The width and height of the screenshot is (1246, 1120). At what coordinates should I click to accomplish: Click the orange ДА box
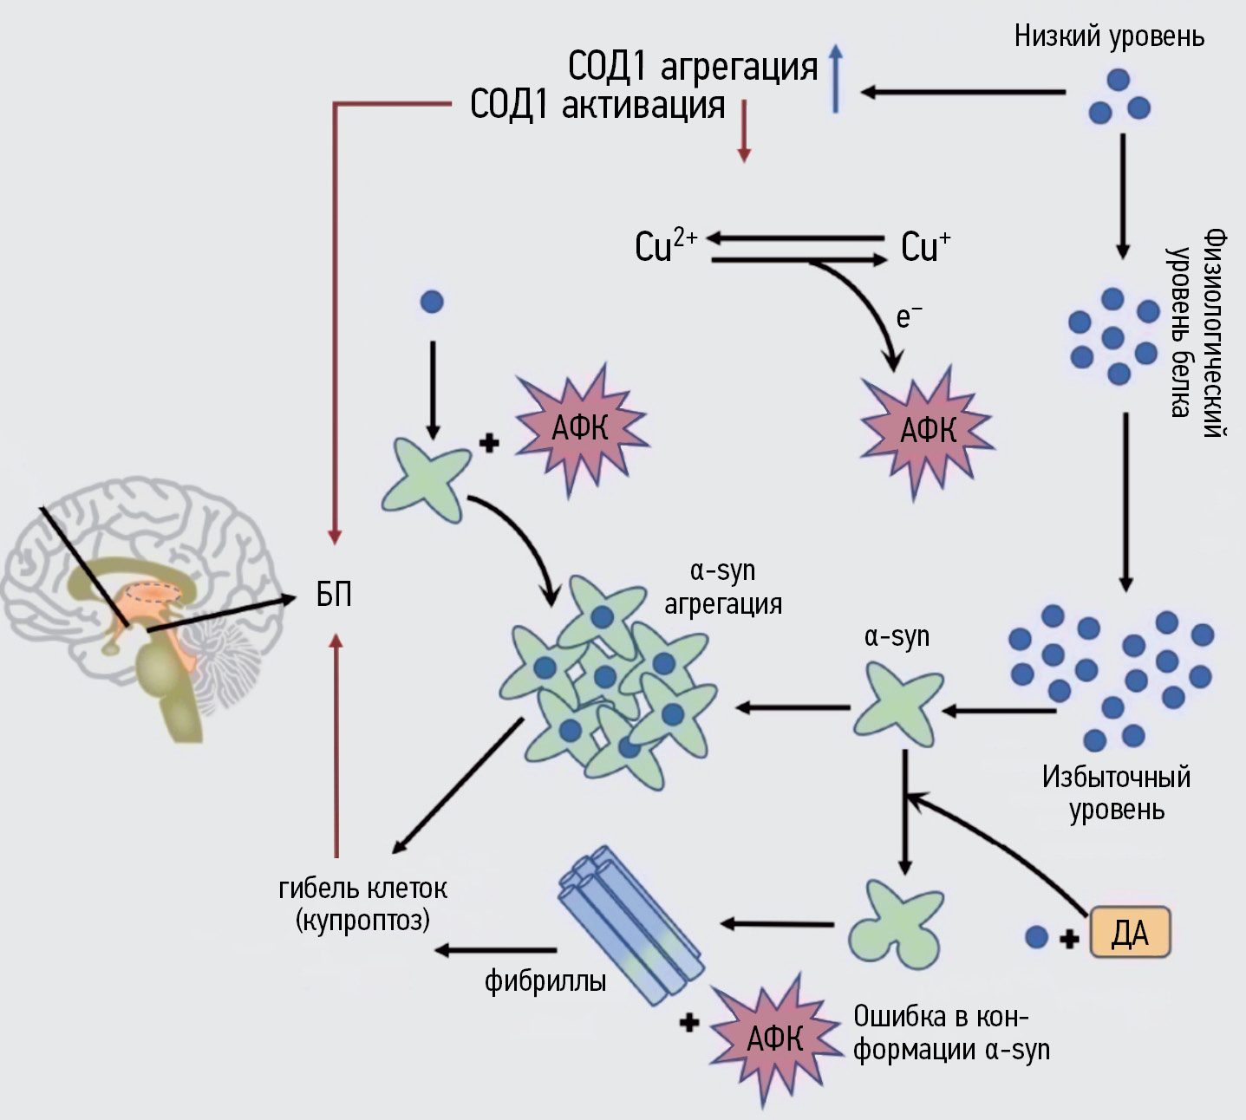(1130, 933)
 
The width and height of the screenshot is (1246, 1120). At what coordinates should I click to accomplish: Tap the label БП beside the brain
(334, 595)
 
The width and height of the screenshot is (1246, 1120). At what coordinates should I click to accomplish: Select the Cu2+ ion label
(665, 245)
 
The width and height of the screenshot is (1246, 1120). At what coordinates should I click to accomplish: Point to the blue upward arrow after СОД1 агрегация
(835, 80)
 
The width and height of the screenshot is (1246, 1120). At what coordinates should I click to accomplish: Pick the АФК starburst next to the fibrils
(774, 1038)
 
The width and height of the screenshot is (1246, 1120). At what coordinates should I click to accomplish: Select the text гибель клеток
(362, 888)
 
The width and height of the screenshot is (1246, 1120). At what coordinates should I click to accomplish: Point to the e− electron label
(908, 316)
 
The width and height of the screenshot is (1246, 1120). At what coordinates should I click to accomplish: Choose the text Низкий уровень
(1109, 36)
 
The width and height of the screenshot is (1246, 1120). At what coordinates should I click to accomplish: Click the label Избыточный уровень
(1116, 792)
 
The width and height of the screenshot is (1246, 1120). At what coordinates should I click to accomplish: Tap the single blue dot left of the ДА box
(1036, 936)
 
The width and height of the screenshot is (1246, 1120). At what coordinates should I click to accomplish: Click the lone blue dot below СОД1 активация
(431, 302)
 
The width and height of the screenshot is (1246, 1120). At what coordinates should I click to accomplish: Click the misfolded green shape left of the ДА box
(895, 924)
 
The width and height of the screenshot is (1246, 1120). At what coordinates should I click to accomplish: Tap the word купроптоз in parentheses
(362, 920)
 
